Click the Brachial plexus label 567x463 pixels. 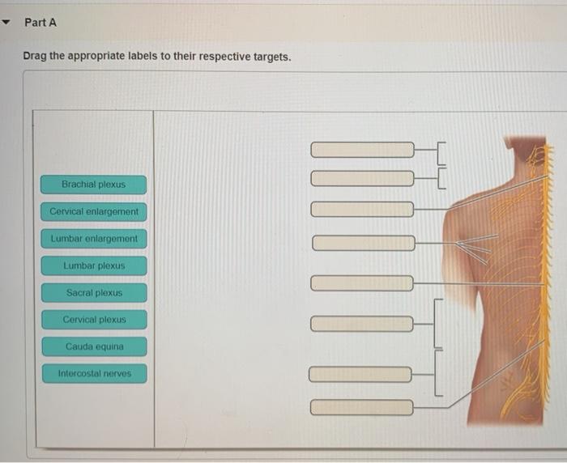click(94, 185)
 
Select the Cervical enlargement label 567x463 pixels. click(94, 212)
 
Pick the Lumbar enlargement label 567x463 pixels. click(94, 239)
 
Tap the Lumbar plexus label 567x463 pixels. click(94, 265)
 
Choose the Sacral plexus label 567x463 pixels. click(94, 293)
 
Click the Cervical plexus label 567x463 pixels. click(94, 320)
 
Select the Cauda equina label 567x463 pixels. click(94, 346)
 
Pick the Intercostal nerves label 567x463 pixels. click(94, 374)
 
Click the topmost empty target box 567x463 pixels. click(362, 150)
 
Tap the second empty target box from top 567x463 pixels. click(362, 177)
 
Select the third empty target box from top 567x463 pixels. click(362, 210)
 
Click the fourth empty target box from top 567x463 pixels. click(362, 243)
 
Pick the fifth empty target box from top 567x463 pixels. click(362, 283)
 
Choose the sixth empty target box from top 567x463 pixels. click(362, 324)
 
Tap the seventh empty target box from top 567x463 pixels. click(361, 374)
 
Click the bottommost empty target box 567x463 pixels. click(361, 407)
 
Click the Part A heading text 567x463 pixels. click(40, 23)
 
